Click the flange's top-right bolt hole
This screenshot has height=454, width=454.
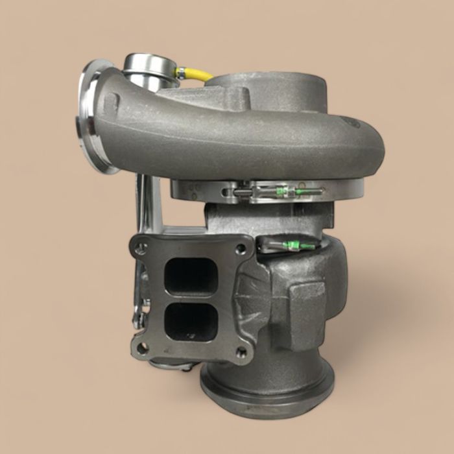click(241, 248)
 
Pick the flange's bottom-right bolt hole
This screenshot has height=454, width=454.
click(241, 352)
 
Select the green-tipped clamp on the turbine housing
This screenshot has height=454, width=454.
click(289, 245)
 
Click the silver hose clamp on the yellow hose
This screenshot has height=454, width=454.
click(180, 73)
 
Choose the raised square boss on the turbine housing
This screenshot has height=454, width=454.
click(305, 305)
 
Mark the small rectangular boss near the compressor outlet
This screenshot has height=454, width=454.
click(112, 102)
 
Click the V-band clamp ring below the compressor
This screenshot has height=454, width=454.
click(266, 191)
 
